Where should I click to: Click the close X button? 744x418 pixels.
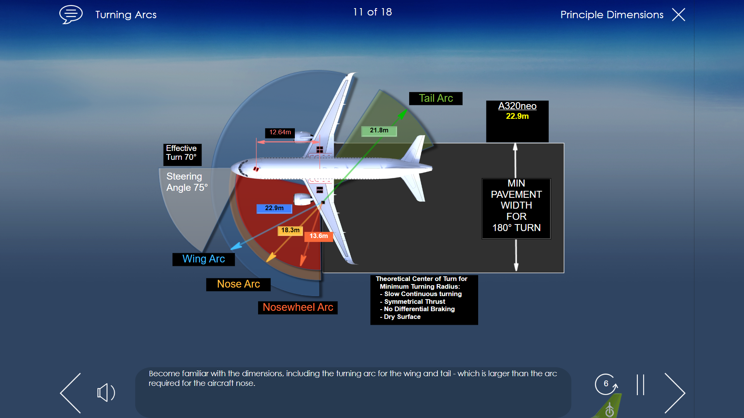[679, 15]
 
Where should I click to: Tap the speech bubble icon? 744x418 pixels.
[71, 14]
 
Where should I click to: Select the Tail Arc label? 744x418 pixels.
[436, 98]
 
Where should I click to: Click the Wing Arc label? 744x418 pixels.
[203, 259]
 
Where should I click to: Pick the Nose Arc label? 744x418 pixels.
[238, 284]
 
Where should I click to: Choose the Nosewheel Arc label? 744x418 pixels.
[298, 307]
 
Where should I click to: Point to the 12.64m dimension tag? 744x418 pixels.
[280, 132]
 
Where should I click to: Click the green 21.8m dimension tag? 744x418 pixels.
[379, 131]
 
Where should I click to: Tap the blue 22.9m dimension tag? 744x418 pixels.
[274, 208]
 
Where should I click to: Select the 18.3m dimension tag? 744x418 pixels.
[290, 230]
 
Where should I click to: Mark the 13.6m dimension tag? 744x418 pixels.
[319, 236]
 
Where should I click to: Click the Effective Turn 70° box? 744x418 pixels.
[182, 154]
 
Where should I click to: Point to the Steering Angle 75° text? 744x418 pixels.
[187, 182]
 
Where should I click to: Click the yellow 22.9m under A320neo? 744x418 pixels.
[517, 116]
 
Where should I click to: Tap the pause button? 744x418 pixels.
[640, 385]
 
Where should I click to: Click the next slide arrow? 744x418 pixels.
[675, 393]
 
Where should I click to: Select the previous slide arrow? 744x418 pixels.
[71, 393]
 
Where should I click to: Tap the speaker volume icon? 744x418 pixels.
[106, 393]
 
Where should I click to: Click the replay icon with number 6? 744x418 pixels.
[606, 384]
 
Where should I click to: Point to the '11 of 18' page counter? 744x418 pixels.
[372, 12]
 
